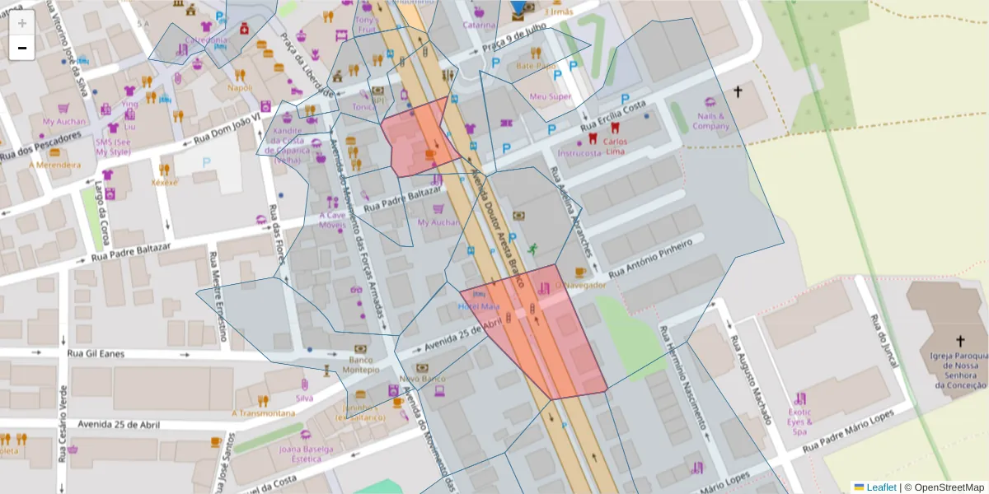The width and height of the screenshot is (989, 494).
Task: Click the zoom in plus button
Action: pyautogui.click(x=22, y=23)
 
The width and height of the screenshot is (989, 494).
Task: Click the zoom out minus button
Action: pyautogui.click(x=22, y=48)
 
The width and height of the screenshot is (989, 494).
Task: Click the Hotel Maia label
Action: pyautogui.click(x=479, y=307)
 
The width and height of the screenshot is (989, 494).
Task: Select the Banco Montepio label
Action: pyautogui.click(x=359, y=365)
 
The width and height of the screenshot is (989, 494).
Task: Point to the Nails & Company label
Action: pyautogui.click(x=710, y=121)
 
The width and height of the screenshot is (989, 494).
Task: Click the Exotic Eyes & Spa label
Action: pyautogui.click(x=799, y=421)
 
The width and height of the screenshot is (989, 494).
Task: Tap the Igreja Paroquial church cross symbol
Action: pyautogui.click(x=959, y=341)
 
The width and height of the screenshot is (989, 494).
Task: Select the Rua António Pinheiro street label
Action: pyautogui.click(x=649, y=258)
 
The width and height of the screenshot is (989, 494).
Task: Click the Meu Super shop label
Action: pyautogui.click(x=550, y=96)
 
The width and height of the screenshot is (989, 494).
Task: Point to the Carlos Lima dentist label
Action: pyautogui.click(x=616, y=146)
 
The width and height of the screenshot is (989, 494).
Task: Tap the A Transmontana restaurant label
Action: pyautogui.click(x=263, y=413)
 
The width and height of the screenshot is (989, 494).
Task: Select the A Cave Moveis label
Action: pyautogui.click(x=333, y=220)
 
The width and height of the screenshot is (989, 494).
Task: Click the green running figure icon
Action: pyautogui.click(x=532, y=249)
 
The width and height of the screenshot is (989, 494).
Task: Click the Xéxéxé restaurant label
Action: pyautogui.click(x=165, y=182)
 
